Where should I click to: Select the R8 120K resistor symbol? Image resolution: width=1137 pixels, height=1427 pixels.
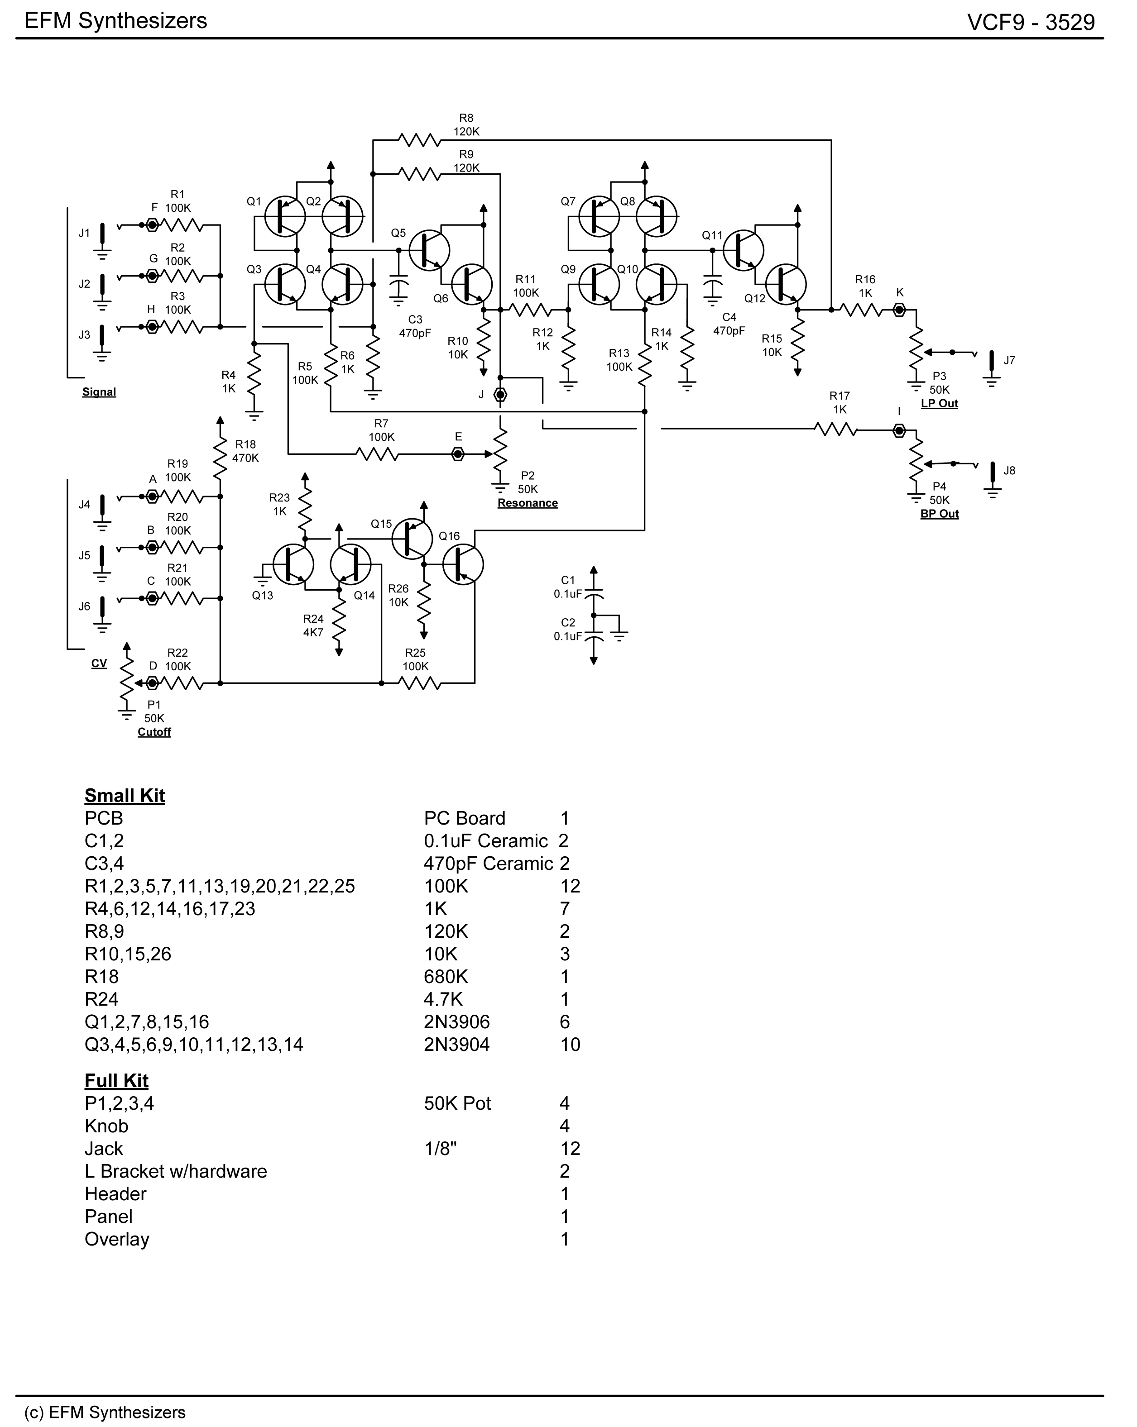pyautogui.click(x=419, y=140)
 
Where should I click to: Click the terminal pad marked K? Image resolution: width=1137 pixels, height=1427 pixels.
pyautogui.click(x=899, y=309)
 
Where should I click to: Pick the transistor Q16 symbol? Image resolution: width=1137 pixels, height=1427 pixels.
pyautogui.click(x=463, y=564)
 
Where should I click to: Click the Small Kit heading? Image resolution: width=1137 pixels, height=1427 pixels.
pyautogui.click(x=125, y=796)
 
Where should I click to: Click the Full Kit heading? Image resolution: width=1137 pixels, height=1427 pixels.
pyautogui.click(x=116, y=1081)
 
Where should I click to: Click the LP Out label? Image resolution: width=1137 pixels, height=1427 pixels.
pyautogui.click(x=939, y=404)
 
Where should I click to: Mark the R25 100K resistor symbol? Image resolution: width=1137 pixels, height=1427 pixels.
pyautogui.click(x=420, y=683)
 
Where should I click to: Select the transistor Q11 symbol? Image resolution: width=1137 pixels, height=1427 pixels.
pyautogui.click(x=743, y=250)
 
